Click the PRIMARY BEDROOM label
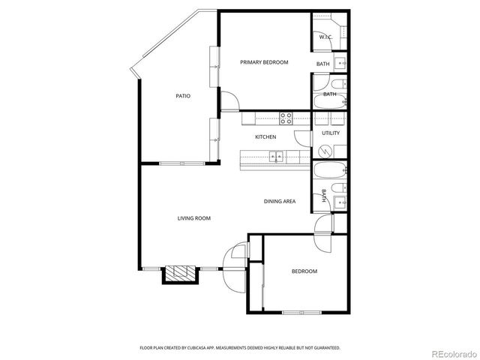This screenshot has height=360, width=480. tap(264, 62)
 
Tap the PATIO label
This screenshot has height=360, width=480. tap(183, 96)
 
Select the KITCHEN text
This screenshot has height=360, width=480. tap(265, 137)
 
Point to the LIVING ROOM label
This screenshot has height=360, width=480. tap(193, 218)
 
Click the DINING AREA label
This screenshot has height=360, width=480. tap(279, 201)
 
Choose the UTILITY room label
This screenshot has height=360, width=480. tap(331, 133)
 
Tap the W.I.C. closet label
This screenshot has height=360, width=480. tap(325, 36)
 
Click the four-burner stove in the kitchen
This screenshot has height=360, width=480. tap(286, 117)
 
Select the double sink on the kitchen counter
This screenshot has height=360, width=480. tap(277, 157)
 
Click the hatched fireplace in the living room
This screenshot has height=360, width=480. tap(180, 273)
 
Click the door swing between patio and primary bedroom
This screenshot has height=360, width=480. tap(228, 100)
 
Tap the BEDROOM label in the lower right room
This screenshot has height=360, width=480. tap(304, 271)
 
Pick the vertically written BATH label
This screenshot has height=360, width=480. tap(324, 196)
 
